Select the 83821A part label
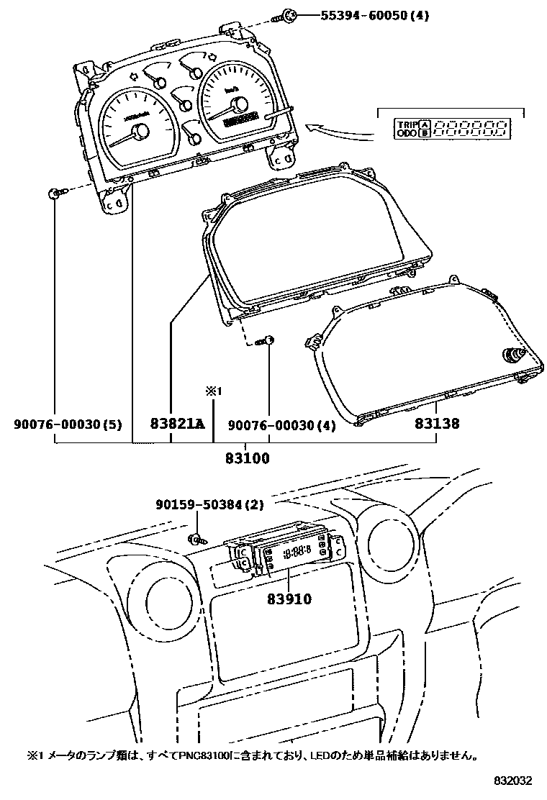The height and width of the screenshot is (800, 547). click(x=177, y=424)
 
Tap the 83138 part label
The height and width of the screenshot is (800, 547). click(x=436, y=424)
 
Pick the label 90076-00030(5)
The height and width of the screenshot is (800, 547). click(x=68, y=425)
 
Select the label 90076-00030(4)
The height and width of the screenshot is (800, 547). click(x=281, y=425)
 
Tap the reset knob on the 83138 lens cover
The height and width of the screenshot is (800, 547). click(x=515, y=354)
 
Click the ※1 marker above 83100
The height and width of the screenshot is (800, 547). click(x=213, y=391)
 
